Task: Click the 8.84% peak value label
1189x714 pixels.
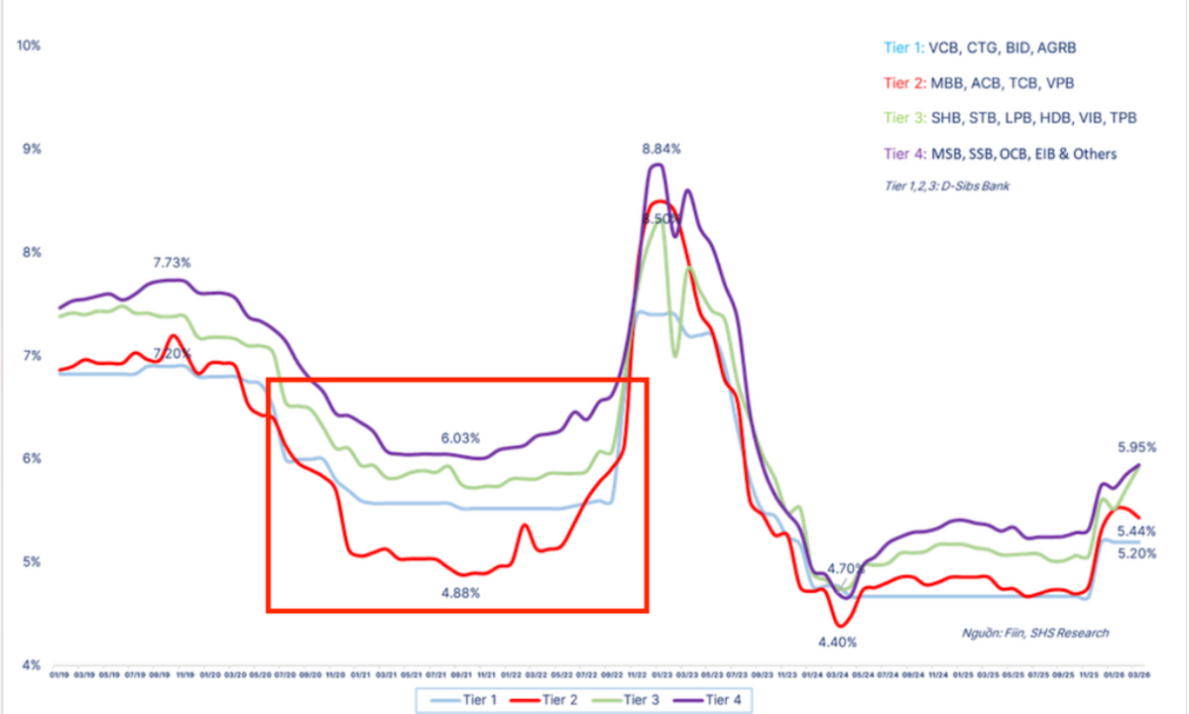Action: tap(661, 149)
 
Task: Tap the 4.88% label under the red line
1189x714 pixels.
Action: tap(461, 593)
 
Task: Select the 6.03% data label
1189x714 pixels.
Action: tap(461, 437)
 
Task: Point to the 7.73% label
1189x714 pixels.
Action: tap(172, 263)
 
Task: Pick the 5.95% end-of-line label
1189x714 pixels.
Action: tap(1135, 447)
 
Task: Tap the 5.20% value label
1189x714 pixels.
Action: tap(1135, 553)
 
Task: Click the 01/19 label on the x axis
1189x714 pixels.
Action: tap(59, 676)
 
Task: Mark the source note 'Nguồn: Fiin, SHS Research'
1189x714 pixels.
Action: tap(1035, 633)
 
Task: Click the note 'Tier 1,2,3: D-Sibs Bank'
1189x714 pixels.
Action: tap(945, 185)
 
